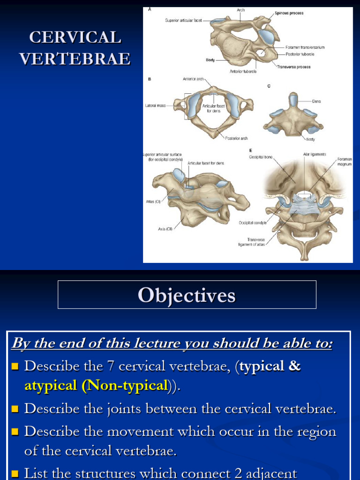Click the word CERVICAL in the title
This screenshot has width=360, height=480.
[x=75, y=37]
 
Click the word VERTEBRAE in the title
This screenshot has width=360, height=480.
[x=75, y=59]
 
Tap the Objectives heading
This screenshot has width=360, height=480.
[x=187, y=295]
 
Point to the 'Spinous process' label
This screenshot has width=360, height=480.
[x=289, y=13]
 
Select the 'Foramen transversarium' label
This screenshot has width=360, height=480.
[x=305, y=47]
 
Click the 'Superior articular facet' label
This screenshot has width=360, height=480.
[x=183, y=20]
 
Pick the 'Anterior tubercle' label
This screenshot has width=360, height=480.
[x=243, y=72]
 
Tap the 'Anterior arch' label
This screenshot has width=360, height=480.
[x=193, y=79]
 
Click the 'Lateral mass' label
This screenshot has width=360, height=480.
[x=155, y=105]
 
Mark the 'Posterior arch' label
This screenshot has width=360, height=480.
[x=236, y=138]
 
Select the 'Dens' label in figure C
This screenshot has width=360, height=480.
[x=316, y=101]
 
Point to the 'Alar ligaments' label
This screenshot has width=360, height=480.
[x=315, y=154]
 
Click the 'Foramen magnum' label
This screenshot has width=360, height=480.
[x=345, y=162]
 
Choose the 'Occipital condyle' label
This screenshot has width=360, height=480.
[x=252, y=223]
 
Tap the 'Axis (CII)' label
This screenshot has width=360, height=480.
[x=165, y=229]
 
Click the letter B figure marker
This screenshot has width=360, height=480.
[x=150, y=79]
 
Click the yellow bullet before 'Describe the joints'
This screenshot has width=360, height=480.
[x=15, y=409]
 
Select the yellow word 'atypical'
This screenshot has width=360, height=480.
[x=51, y=386]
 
